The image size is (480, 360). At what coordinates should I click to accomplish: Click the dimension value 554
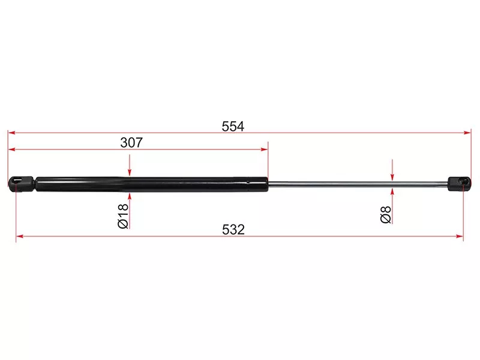click(233, 127)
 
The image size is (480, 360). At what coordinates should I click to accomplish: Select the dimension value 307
click(131, 143)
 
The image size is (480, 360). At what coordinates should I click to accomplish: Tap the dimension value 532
click(233, 230)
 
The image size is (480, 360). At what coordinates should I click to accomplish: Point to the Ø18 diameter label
click(123, 216)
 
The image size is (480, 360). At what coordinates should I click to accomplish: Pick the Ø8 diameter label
click(386, 214)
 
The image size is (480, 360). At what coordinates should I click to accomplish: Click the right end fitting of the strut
click(459, 184)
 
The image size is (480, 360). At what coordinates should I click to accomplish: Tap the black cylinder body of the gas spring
click(152, 184)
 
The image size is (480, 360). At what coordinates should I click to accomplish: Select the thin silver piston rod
click(358, 184)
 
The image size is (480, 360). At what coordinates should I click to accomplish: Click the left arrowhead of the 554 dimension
click(11, 133)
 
